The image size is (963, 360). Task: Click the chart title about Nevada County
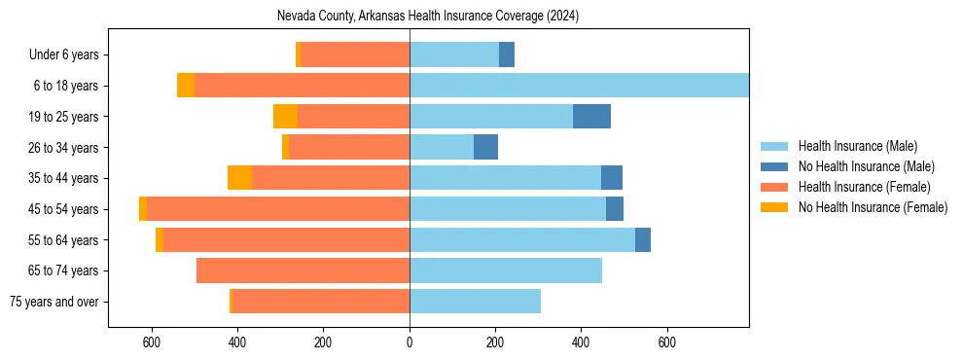pos(428,17)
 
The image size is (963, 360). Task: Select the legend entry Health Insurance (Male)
pos(857,146)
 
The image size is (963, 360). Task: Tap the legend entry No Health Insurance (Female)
pos(873,207)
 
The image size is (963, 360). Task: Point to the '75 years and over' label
pos(54,302)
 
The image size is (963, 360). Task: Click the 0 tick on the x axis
pos(410,342)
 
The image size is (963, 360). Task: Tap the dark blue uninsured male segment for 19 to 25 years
pos(591,117)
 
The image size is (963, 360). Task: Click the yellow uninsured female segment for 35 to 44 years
pos(239,178)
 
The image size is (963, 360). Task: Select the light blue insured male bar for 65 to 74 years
pos(506,270)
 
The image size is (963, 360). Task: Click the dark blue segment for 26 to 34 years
pos(485,148)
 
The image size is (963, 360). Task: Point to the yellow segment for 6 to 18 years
pos(186,86)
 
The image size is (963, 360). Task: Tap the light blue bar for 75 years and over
pos(475,302)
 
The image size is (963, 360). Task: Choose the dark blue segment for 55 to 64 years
pos(643,240)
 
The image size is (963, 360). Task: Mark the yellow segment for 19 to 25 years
pos(285,117)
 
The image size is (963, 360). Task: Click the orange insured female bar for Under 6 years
pos(355,55)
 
